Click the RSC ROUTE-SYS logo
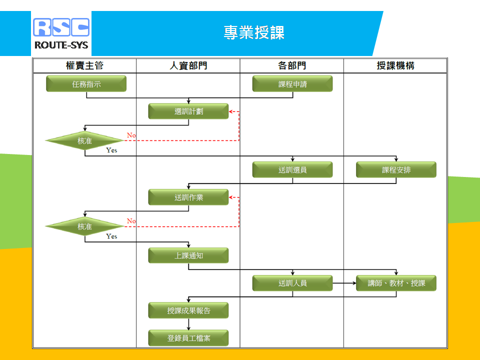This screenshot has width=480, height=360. (61, 33)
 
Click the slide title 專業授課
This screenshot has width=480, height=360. (254, 33)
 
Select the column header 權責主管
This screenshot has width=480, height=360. (85, 65)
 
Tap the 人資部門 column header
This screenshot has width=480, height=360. (188, 65)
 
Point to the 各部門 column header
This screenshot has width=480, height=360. (292, 65)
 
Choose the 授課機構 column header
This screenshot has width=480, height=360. (395, 65)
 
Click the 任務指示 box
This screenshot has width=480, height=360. (86, 84)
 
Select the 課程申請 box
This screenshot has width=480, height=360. (292, 84)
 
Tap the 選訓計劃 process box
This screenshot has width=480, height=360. (188, 111)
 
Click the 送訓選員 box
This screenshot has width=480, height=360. (292, 169)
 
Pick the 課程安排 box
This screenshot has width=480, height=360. (396, 169)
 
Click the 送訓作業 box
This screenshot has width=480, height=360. (188, 197)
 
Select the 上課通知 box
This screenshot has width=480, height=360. (188, 255)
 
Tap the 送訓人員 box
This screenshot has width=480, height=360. (292, 283)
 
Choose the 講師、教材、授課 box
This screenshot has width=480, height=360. (396, 283)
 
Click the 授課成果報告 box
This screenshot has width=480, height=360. (188, 310)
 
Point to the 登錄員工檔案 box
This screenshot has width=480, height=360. (188, 338)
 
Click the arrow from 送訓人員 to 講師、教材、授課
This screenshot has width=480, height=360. (344, 283)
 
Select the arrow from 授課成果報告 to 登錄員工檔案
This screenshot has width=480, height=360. (188, 324)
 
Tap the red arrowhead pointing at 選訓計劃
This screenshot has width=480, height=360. (231, 111)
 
